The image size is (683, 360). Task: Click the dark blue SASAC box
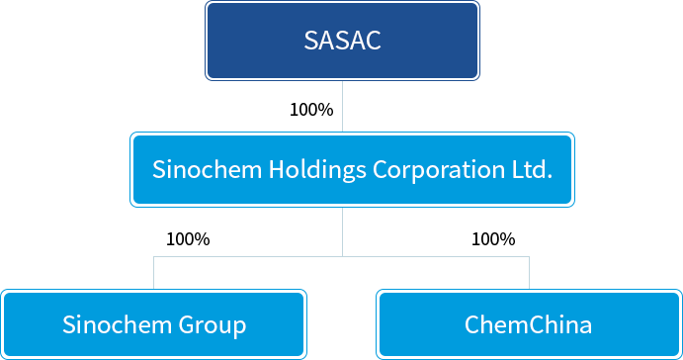click(342, 41)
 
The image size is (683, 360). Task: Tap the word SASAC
click(342, 41)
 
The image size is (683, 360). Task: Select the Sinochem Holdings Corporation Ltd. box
click(352, 169)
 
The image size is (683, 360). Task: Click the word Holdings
click(317, 169)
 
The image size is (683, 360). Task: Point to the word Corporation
click(439, 169)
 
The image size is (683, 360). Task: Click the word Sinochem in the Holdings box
click(207, 169)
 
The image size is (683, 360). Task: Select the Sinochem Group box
click(154, 324)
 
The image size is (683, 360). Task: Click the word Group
click(213, 325)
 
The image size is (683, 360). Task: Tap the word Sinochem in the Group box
click(118, 324)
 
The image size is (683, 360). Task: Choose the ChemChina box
click(529, 324)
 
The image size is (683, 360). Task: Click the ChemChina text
click(529, 324)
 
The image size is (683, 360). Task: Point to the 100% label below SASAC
click(311, 110)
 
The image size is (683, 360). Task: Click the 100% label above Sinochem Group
click(188, 239)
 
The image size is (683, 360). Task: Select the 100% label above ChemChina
click(493, 239)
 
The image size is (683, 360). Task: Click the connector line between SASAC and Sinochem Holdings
click(342, 107)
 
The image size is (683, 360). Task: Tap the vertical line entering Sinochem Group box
click(154, 273)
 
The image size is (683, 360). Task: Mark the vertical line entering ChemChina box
click(529, 273)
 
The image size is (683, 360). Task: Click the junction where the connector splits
click(342, 257)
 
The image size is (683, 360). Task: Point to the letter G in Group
click(186, 324)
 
